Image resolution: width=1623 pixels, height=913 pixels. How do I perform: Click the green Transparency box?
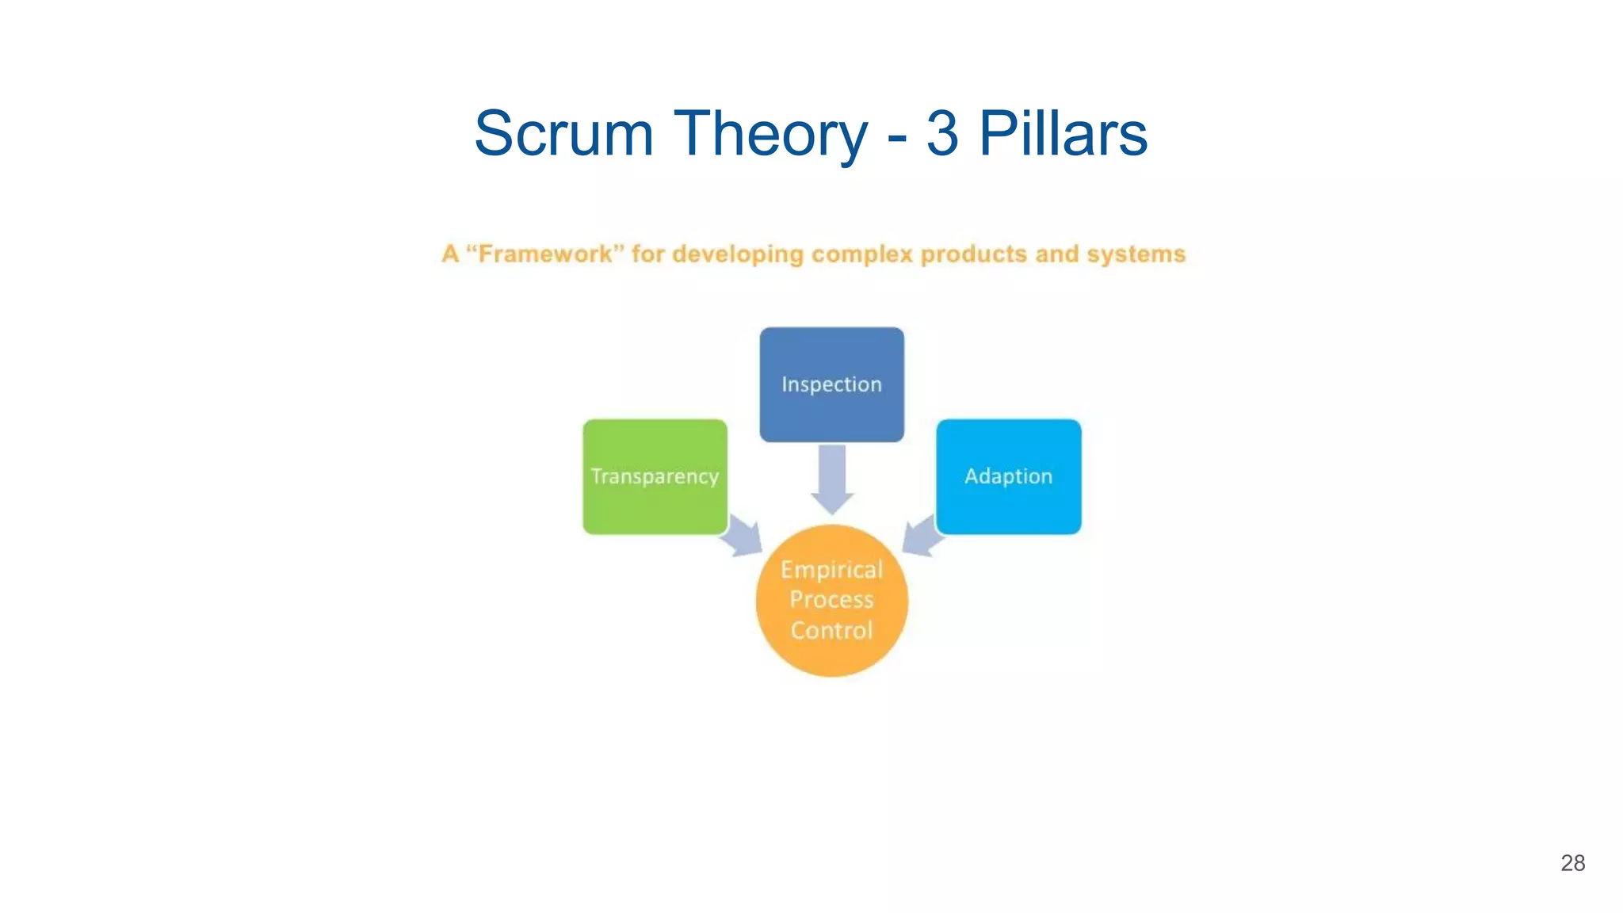click(x=655, y=476)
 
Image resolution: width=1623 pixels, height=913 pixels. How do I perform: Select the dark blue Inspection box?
click(x=831, y=384)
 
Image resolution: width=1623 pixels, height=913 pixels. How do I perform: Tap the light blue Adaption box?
click(x=1008, y=476)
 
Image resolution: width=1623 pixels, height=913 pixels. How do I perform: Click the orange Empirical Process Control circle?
click(x=831, y=600)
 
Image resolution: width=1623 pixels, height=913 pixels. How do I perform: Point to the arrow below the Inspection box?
click(x=832, y=479)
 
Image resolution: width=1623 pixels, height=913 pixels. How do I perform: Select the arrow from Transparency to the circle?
click(x=743, y=537)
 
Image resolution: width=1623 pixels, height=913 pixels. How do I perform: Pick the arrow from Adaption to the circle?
click(x=922, y=537)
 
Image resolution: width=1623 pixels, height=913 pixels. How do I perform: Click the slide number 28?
click(x=1572, y=863)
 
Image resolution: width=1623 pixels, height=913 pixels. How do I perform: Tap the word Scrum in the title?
click(x=563, y=133)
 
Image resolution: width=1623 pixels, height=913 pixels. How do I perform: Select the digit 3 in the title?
click(x=941, y=133)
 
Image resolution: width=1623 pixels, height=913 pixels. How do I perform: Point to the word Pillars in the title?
click(x=1063, y=133)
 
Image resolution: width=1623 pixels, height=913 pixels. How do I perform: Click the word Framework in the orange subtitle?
click(x=545, y=254)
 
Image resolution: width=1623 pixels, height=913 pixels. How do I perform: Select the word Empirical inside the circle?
click(x=831, y=570)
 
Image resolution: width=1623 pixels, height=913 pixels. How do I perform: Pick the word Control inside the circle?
click(x=831, y=631)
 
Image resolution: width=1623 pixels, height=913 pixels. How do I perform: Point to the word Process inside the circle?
click(x=831, y=600)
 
